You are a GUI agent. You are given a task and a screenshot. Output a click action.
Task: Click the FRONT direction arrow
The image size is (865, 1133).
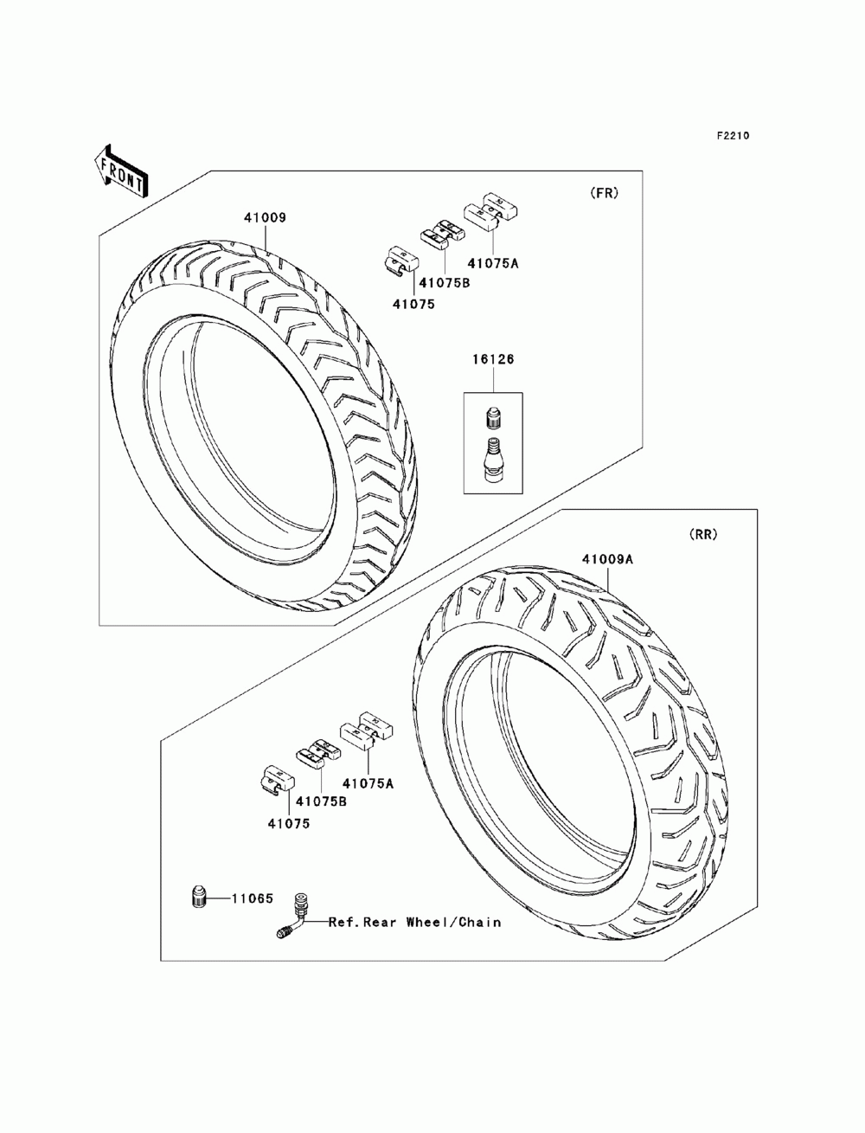click(120, 168)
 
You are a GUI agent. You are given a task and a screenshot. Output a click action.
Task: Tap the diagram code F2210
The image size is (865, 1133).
click(732, 136)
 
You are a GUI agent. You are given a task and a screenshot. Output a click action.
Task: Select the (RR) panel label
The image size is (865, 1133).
click(703, 535)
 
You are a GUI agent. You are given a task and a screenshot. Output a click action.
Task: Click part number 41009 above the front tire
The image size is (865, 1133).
click(264, 218)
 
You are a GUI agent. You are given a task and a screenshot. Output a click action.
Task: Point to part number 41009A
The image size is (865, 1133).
click(607, 559)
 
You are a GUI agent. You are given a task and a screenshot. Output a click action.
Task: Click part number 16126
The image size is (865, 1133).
click(493, 359)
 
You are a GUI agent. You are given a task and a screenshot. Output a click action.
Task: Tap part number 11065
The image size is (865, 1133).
click(252, 899)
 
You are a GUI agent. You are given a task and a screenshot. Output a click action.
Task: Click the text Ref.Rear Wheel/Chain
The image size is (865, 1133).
click(414, 923)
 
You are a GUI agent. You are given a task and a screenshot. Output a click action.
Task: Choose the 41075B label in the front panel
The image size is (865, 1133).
click(444, 282)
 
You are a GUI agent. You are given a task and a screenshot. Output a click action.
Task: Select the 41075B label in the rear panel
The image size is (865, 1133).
click(321, 801)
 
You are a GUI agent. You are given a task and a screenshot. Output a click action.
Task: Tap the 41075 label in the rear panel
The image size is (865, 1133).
click(288, 824)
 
